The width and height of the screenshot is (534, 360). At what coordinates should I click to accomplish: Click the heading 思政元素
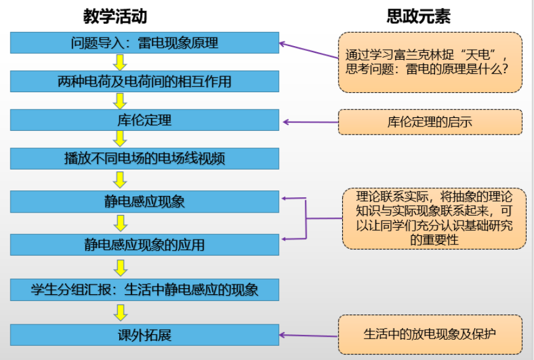click(x=418, y=16)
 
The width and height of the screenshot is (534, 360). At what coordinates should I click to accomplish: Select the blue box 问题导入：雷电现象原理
click(x=145, y=43)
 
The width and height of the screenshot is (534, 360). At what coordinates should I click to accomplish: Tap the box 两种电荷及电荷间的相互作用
click(x=145, y=81)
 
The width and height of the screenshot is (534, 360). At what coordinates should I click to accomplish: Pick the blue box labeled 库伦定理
click(x=145, y=120)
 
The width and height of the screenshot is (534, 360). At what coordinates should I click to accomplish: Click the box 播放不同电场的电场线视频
click(x=145, y=158)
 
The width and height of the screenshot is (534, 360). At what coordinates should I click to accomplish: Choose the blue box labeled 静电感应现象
click(x=145, y=202)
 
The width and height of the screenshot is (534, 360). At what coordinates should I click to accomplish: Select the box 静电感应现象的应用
click(x=145, y=245)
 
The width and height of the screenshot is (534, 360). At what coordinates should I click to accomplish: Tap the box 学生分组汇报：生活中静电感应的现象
click(x=145, y=289)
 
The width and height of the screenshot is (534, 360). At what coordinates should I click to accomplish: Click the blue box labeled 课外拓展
click(x=145, y=335)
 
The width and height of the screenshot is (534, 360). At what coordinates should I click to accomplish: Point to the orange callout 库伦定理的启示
click(x=430, y=122)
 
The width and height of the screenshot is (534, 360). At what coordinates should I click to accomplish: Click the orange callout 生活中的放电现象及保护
click(x=430, y=334)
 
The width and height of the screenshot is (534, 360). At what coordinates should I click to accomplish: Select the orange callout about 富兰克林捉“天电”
click(x=430, y=62)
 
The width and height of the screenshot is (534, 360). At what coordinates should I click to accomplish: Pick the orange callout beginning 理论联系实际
click(x=434, y=218)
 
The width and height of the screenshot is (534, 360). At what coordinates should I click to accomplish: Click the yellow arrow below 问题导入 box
click(x=120, y=62)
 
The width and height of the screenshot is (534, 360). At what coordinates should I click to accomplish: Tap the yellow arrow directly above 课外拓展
click(x=120, y=312)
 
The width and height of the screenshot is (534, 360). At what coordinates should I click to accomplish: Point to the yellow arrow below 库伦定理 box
click(x=120, y=139)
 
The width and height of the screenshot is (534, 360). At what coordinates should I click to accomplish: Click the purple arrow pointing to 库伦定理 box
click(x=310, y=122)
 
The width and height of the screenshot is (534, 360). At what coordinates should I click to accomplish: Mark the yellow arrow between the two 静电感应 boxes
click(x=120, y=222)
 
